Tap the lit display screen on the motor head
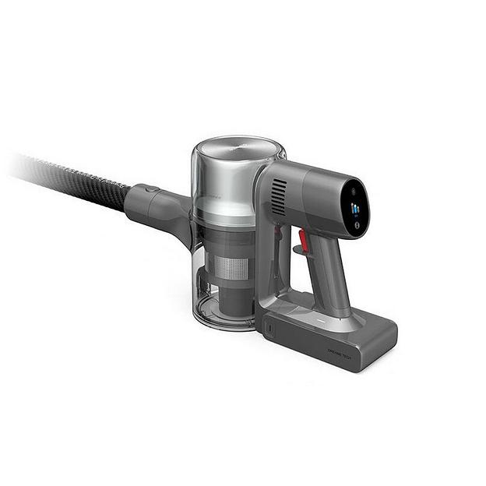[x=356, y=208]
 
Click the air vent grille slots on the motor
[x=279, y=197]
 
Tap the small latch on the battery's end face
[x=270, y=329]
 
